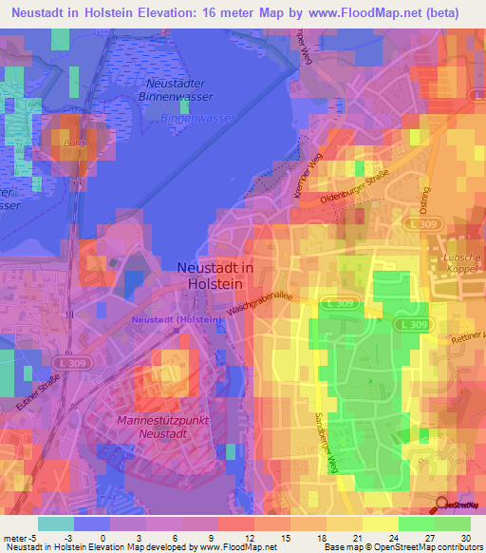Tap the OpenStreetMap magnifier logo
coord(445,505)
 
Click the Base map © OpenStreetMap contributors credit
coord(401,547)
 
